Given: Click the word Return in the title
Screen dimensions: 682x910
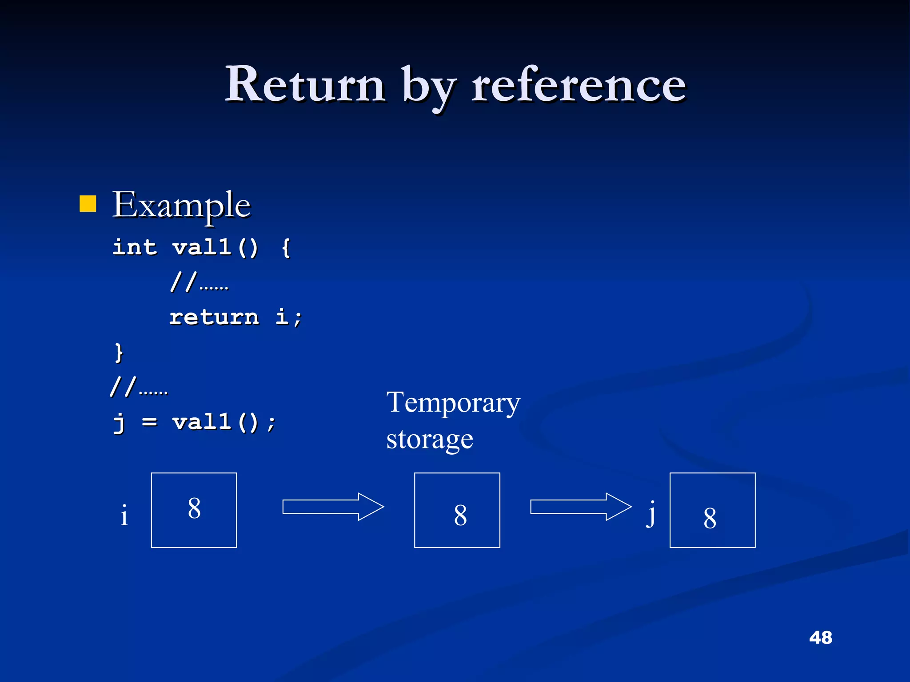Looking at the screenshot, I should [x=305, y=84].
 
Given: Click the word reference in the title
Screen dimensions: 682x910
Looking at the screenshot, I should [x=579, y=84].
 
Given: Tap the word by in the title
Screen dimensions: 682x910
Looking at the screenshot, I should [x=428, y=87].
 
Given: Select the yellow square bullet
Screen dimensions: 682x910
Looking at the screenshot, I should [x=88, y=204].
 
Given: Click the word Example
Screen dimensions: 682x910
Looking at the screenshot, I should [x=181, y=205].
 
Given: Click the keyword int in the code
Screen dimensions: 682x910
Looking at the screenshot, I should [x=135, y=247].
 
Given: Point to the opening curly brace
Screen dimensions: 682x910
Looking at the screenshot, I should [x=286, y=248].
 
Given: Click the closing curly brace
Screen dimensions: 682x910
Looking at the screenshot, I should [x=119, y=353].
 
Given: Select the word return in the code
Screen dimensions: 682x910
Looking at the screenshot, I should [x=214, y=317].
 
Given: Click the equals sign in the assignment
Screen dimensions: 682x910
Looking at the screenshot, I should [x=150, y=422].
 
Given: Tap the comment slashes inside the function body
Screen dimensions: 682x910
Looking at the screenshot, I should [x=183, y=282].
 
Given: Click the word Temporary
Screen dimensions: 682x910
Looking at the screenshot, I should [x=453, y=403].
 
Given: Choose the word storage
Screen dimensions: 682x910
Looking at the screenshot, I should [x=430, y=440].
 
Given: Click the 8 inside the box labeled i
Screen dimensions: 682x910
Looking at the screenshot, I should [x=194, y=508].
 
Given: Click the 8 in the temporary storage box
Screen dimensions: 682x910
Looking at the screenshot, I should [x=460, y=515].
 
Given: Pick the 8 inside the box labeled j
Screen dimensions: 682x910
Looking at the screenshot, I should [x=710, y=518].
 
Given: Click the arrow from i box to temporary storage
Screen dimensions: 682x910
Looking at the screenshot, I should [x=333, y=507].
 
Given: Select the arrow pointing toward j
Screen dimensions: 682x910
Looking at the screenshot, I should [x=580, y=507].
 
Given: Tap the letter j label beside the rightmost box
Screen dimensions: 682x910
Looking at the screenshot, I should [x=651, y=514].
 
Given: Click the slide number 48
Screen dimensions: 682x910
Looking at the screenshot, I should [x=820, y=638].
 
